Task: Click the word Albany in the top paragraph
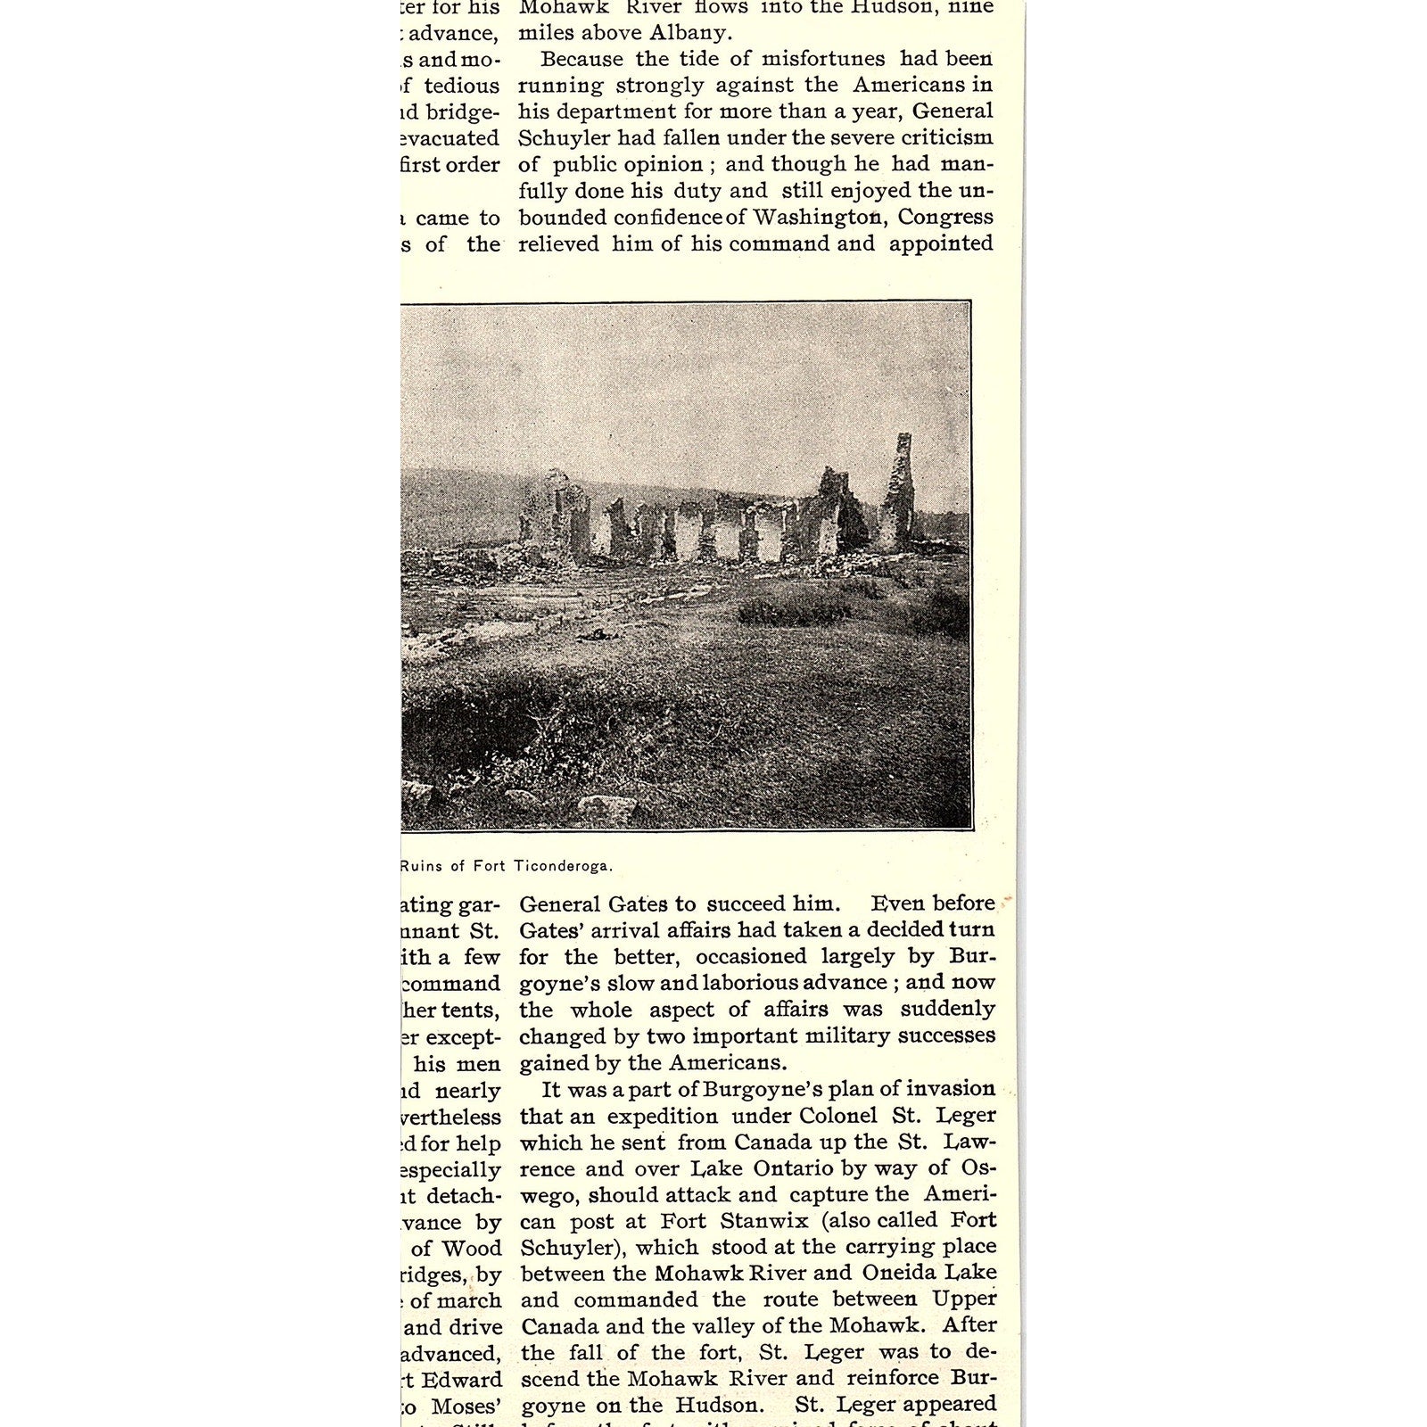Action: click(x=692, y=33)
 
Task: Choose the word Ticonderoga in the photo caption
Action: click(x=563, y=865)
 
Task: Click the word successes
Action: click(x=945, y=1035)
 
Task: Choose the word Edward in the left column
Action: click(x=463, y=1380)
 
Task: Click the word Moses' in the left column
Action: click(x=463, y=1406)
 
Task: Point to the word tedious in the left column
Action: click(x=461, y=86)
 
